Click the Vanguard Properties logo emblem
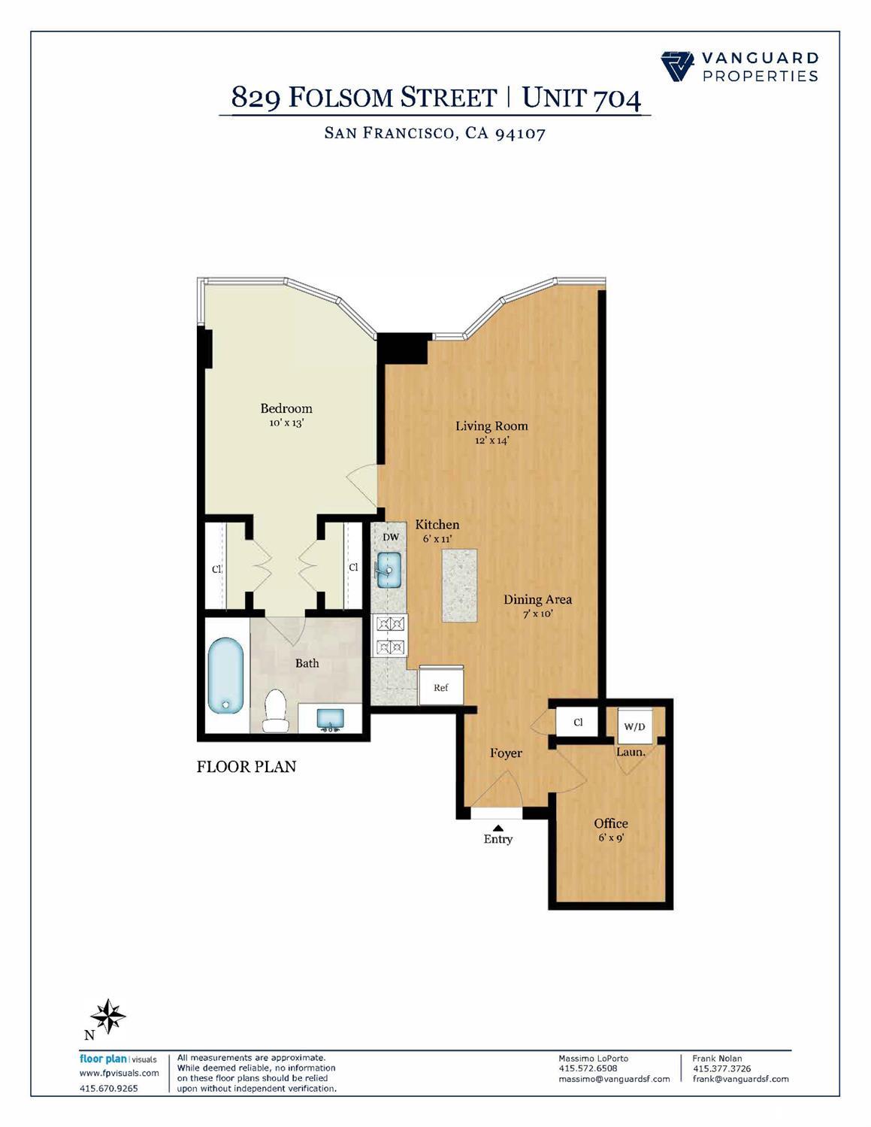pyautogui.click(x=678, y=66)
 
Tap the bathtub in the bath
pyautogui.click(x=225, y=675)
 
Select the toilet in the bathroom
pyautogui.click(x=275, y=711)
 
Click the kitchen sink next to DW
pyautogui.click(x=389, y=571)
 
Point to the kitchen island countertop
pyautogui.click(x=459, y=585)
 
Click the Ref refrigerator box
pyautogui.click(x=441, y=686)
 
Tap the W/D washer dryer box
pyautogui.click(x=635, y=726)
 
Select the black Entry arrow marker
pyautogui.click(x=497, y=828)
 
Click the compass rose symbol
pyautogui.click(x=110, y=1016)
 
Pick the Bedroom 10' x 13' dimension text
pyautogui.click(x=286, y=423)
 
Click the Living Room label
pyautogui.click(x=491, y=426)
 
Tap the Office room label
pyautogui.click(x=610, y=823)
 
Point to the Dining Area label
pyautogui.click(x=537, y=599)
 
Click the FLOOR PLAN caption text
pyautogui.click(x=246, y=767)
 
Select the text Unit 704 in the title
pyautogui.click(x=581, y=98)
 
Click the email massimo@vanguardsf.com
pyautogui.click(x=614, y=1079)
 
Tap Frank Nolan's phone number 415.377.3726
pyautogui.click(x=721, y=1068)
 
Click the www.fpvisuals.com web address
pyautogui.click(x=119, y=1073)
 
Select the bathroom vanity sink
pyautogui.click(x=330, y=719)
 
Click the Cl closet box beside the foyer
pyautogui.click(x=577, y=723)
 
